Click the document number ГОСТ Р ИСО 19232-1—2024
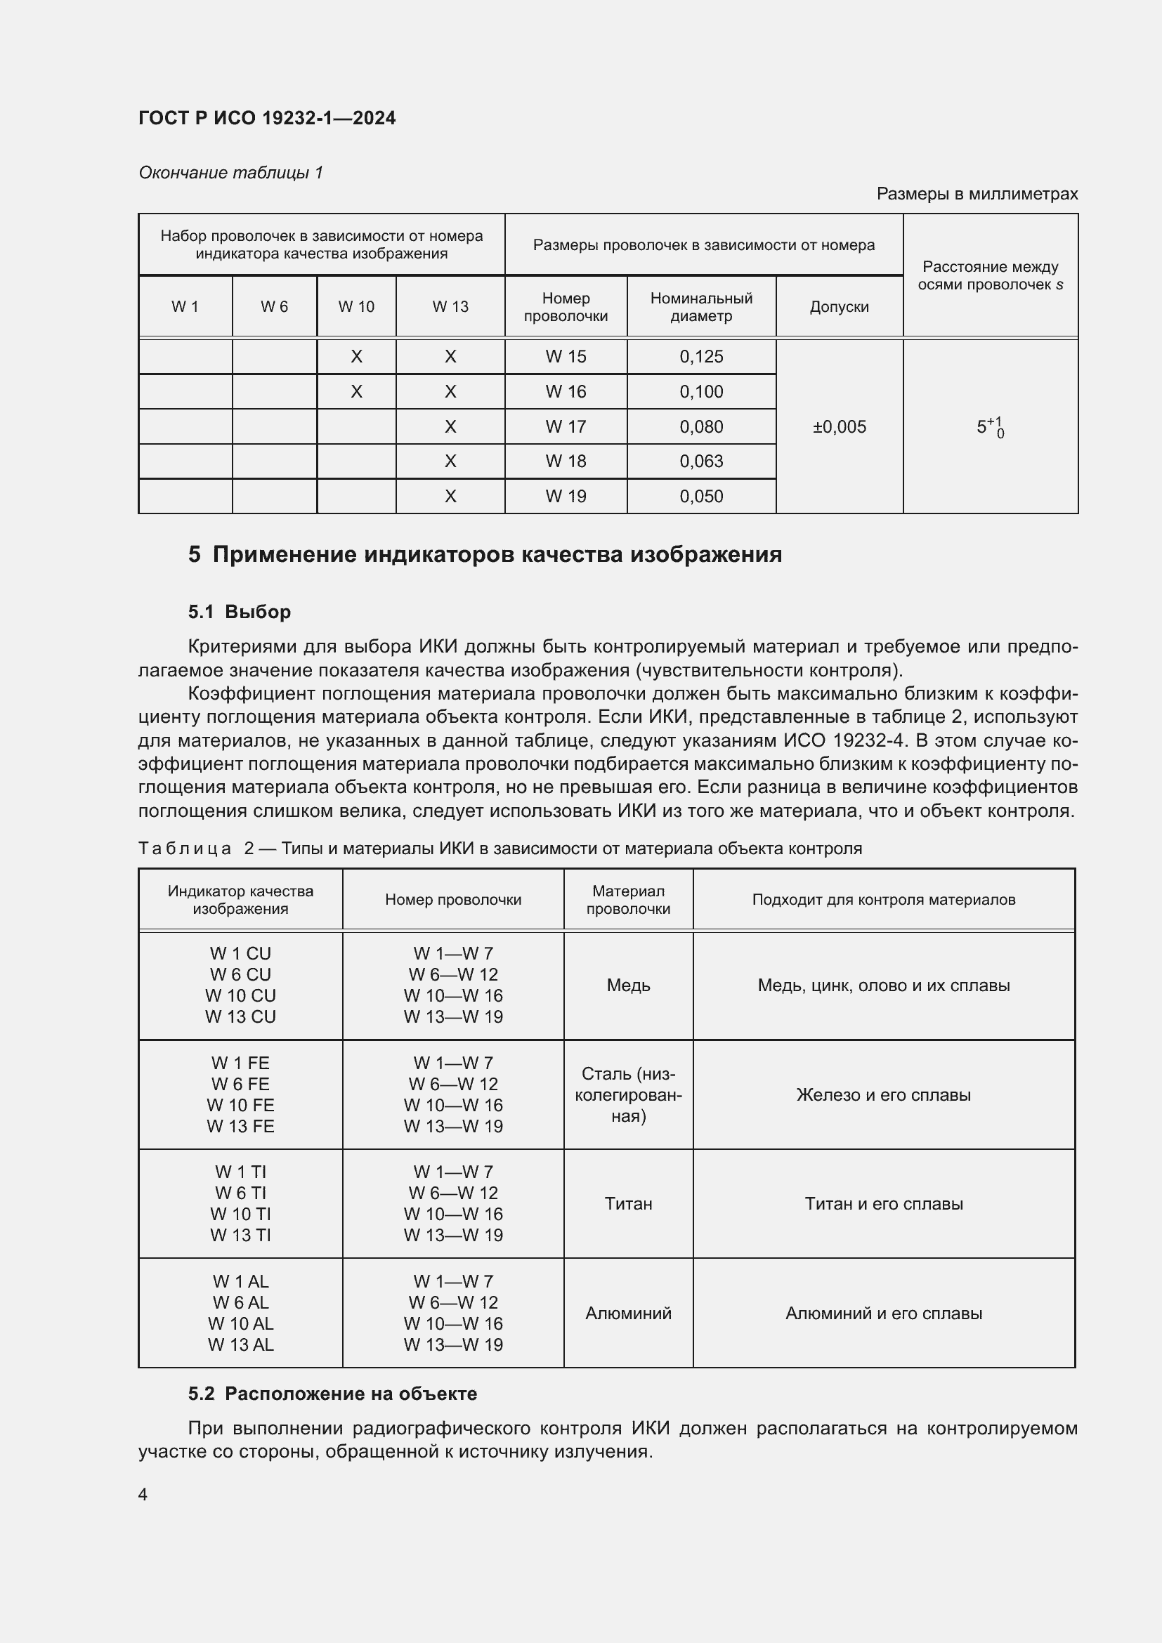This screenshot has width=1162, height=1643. [x=267, y=118]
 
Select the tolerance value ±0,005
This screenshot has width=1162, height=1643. [x=839, y=427]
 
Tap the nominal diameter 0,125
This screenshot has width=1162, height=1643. [x=700, y=356]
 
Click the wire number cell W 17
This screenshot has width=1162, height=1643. [x=566, y=427]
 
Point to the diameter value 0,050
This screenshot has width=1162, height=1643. [x=700, y=497]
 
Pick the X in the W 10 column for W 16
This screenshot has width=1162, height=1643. [x=356, y=391]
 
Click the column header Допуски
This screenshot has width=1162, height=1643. [x=839, y=307]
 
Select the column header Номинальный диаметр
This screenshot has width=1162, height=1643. [x=700, y=307]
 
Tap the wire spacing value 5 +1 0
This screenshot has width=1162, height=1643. [x=990, y=427]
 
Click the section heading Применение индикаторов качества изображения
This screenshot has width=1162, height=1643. [x=497, y=555]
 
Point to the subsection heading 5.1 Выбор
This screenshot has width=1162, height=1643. [x=239, y=612]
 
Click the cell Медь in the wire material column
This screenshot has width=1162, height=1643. [x=627, y=986]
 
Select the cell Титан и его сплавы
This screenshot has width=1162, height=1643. [x=883, y=1204]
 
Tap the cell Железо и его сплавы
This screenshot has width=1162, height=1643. [x=883, y=1095]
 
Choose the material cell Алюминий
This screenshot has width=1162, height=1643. [x=627, y=1313]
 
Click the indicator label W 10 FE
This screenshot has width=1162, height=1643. [x=240, y=1105]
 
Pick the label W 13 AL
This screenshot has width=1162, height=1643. [x=240, y=1344]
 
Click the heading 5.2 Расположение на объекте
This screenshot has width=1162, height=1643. [x=332, y=1394]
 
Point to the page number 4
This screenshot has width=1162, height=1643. [x=143, y=1494]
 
